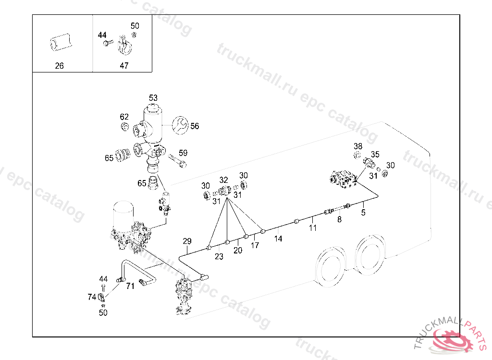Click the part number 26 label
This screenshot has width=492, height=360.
(59, 66)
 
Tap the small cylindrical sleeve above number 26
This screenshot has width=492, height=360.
(60, 42)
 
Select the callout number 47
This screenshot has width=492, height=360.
(124, 66)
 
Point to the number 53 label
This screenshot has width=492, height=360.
(153, 98)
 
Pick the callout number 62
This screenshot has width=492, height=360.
(124, 117)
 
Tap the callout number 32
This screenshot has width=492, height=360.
(224, 180)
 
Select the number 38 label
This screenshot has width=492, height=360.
(358, 146)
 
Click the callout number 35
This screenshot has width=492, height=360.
(375, 155)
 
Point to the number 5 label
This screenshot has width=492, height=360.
(363, 212)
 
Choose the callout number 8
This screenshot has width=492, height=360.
(339, 219)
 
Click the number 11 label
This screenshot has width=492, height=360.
(313, 228)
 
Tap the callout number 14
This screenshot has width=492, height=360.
(278, 238)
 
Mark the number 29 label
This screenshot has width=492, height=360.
(187, 241)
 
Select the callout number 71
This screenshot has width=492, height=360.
(130, 287)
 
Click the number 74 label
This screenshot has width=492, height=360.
(92, 297)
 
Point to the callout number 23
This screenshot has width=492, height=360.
(219, 257)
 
